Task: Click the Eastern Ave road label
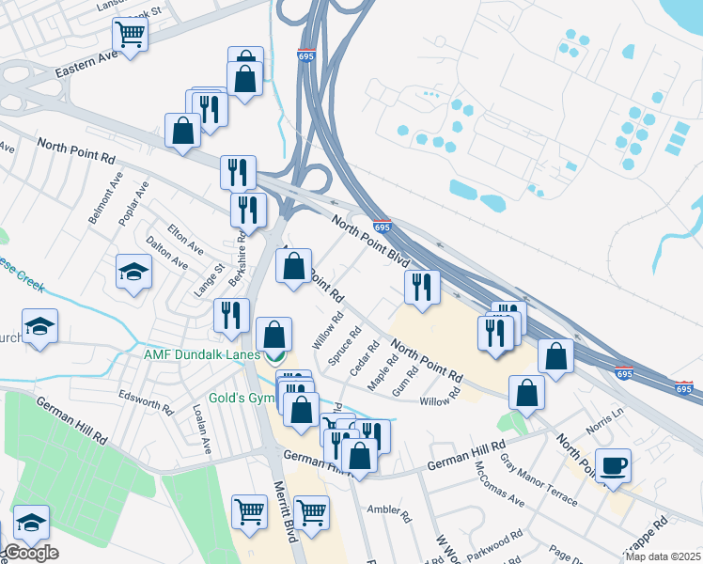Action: (88, 64)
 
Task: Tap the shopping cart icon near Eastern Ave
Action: (131, 36)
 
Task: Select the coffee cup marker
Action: (613, 466)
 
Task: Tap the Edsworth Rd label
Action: (146, 402)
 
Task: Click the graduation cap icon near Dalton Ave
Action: (133, 273)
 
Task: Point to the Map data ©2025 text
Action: (663, 556)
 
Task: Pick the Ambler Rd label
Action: (390, 513)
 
